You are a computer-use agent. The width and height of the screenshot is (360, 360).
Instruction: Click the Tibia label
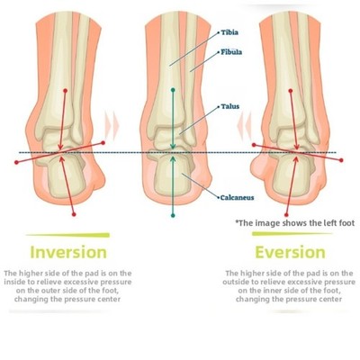coord(229,32)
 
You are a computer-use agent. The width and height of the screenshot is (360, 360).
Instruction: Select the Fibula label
coord(231,52)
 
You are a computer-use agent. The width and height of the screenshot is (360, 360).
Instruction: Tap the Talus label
coord(230,106)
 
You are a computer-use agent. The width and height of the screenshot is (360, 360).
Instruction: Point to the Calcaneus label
coord(237,198)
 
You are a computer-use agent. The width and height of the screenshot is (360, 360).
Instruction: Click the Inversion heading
coord(68,252)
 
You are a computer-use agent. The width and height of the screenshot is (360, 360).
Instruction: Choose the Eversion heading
coord(290,252)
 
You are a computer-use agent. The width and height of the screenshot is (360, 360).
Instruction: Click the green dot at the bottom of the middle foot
coord(173,215)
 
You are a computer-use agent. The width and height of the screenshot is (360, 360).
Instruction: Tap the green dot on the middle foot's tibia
coord(173,90)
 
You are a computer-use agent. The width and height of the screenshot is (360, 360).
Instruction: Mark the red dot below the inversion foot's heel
coord(74,214)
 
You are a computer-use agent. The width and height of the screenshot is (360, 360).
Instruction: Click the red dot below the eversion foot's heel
coord(286,215)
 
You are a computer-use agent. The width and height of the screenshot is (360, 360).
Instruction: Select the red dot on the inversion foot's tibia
coord(65,90)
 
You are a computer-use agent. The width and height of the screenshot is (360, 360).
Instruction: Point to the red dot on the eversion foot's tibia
coord(290,90)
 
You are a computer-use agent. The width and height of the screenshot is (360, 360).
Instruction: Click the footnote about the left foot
coord(295,223)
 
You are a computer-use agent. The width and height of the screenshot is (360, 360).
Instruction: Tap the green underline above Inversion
coord(67,235)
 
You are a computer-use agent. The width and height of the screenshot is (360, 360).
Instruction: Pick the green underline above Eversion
coord(292,234)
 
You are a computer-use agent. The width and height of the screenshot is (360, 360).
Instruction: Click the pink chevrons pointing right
coord(112,126)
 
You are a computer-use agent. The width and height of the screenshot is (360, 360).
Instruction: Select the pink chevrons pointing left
coord(244,126)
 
